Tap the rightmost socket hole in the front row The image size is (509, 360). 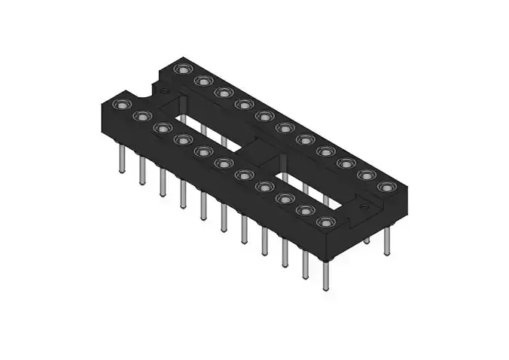click(x=325, y=222)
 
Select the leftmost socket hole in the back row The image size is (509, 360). click(x=181, y=69)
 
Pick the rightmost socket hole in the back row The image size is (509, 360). click(x=385, y=186)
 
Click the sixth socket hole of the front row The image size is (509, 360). click(x=223, y=163)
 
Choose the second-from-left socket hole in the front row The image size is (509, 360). click(x=140, y=117)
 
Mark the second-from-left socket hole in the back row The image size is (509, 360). click(x=201, y=81)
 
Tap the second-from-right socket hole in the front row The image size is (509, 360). click(x=304, y=211)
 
